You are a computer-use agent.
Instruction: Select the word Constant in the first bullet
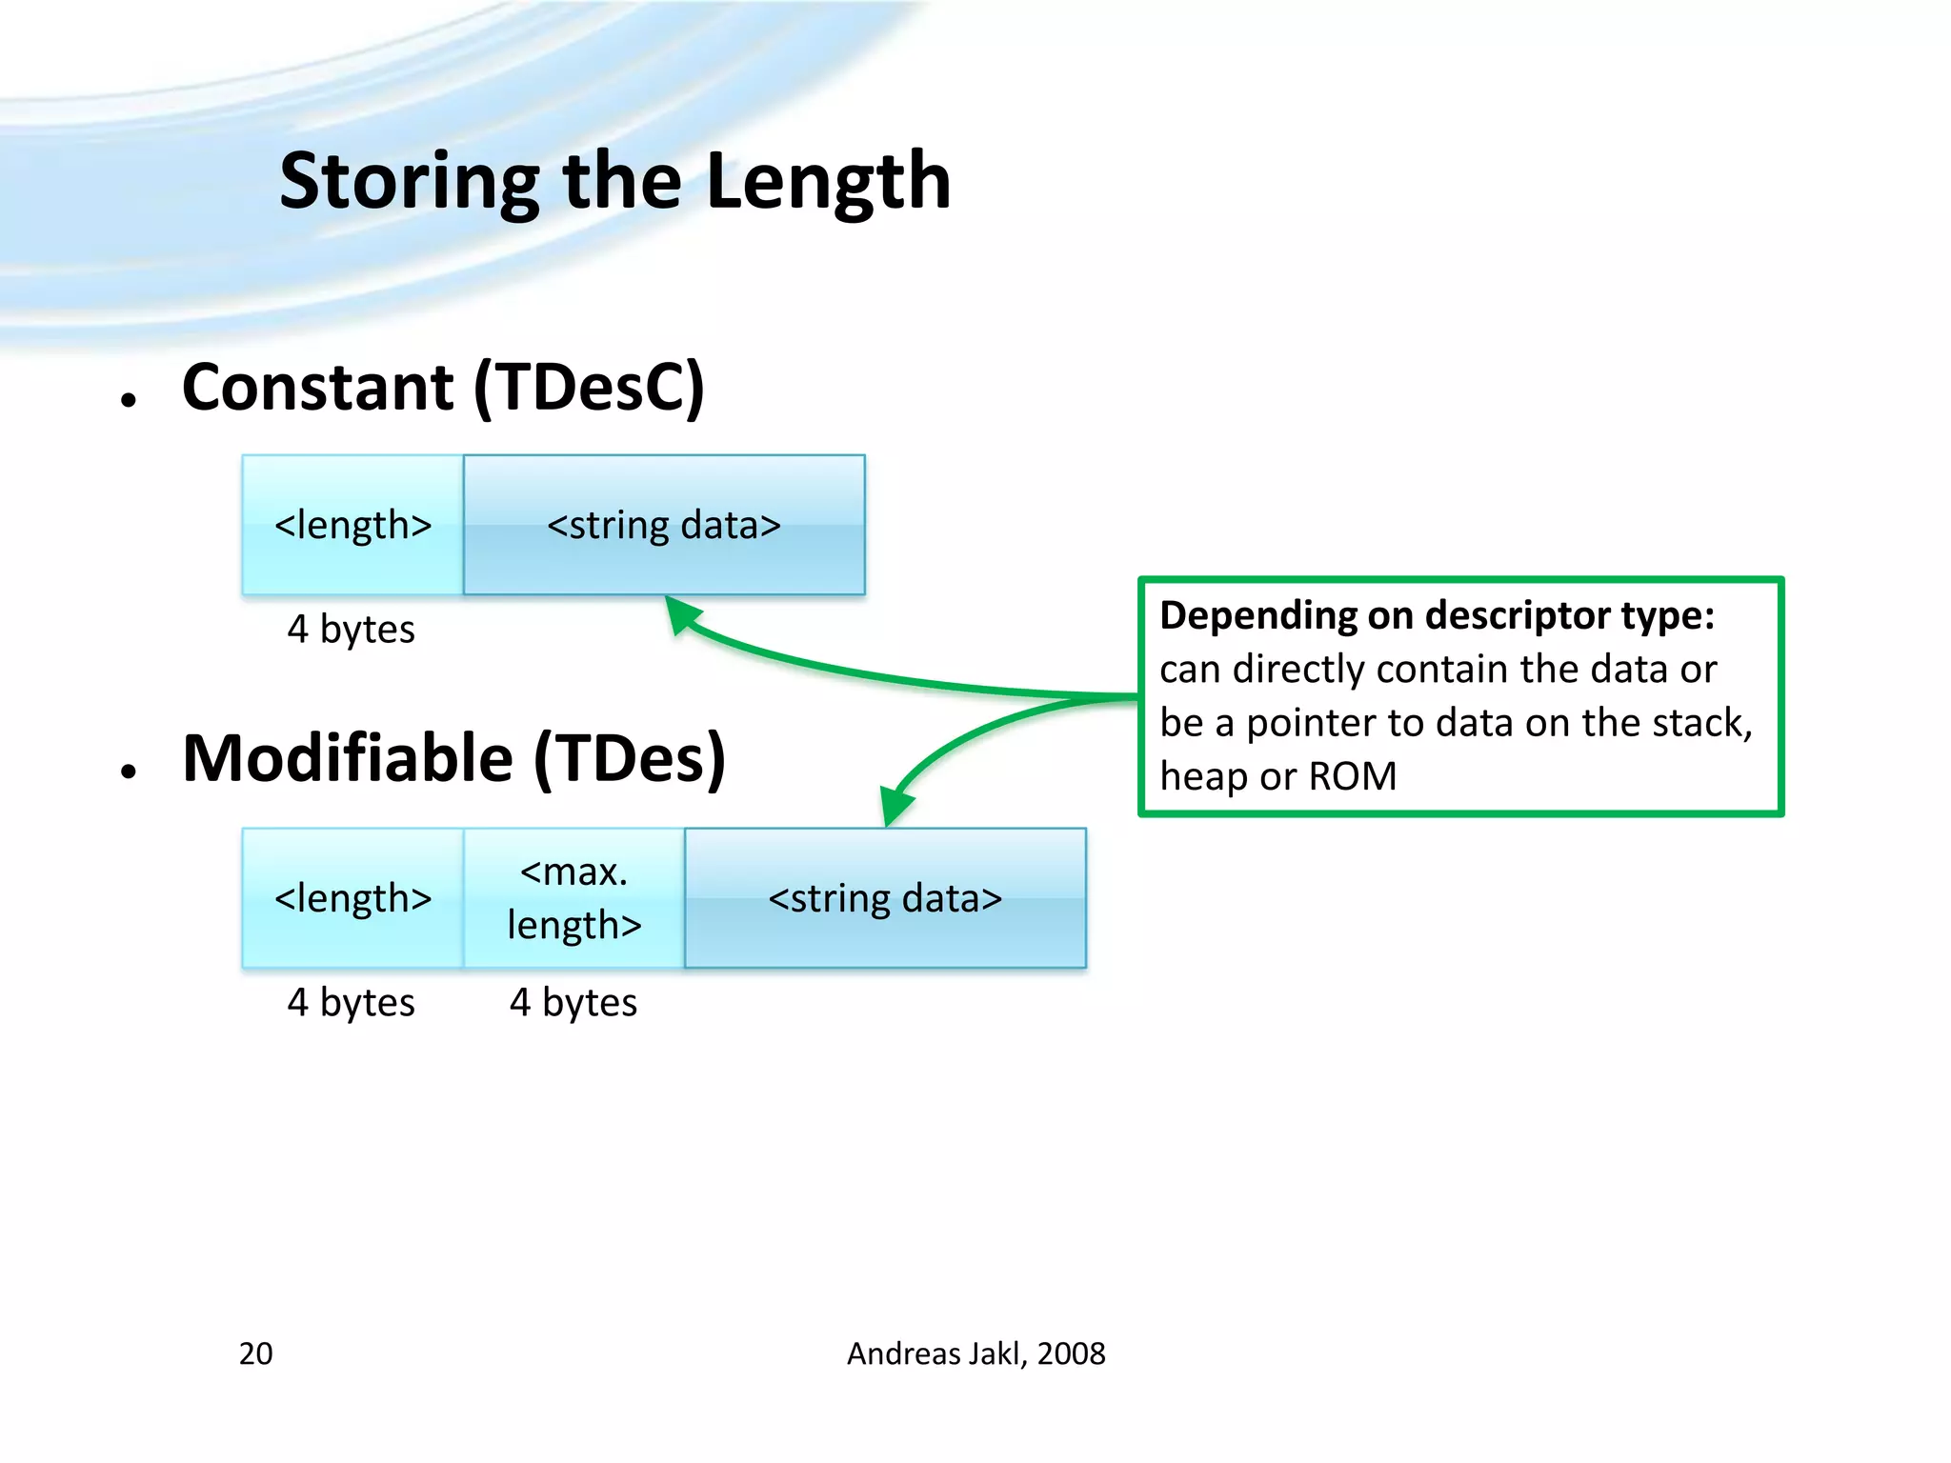[318, 388]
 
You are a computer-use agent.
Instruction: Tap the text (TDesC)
[590, 388]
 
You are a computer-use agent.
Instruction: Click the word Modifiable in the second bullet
[348, 759]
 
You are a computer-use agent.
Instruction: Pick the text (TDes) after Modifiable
[630, 759]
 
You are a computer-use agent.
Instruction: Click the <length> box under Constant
[352, 525]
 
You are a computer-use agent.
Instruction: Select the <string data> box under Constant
[664, 525]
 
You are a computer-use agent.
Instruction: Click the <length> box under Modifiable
[352, 898]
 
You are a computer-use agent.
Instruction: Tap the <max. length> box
[573, 898]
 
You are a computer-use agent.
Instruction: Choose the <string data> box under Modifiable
[885, 898]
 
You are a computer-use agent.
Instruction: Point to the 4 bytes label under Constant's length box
[351, 630]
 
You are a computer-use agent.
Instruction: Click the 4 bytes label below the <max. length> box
[573, 1003]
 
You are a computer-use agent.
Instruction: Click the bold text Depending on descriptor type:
[1437, 615]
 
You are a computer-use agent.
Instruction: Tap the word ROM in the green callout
[1352, 776]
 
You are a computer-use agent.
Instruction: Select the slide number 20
[255, 1353]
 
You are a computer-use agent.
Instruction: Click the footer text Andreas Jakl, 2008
[975, 1353]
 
